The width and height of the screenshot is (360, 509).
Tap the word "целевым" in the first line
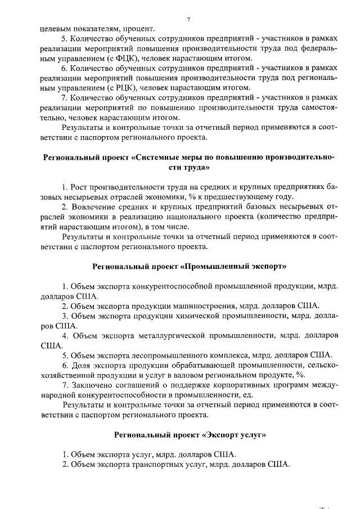(x=55, y=28)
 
